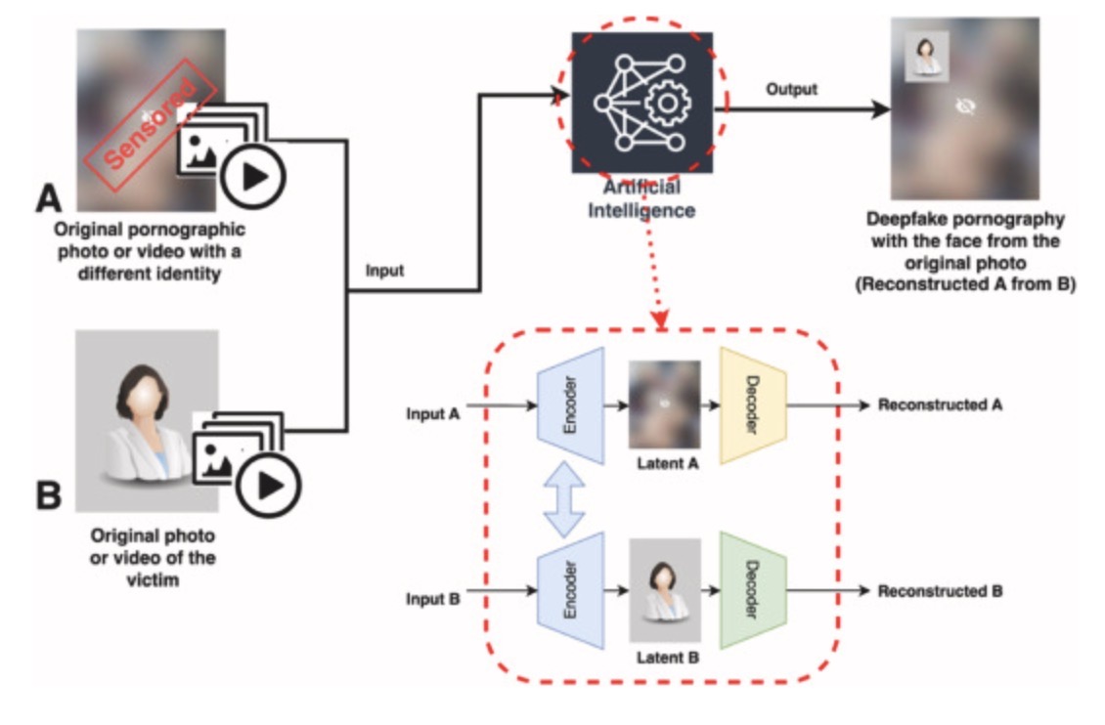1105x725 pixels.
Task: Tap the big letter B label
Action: pyautogui.click(x=49, y=494)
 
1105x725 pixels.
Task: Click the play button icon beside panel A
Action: pyautogui.click(x=251, y=176)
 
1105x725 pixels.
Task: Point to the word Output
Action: pyautogui.click(x=791, y=90)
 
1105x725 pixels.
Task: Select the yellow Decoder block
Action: pyautogui.click(x=752, y=405)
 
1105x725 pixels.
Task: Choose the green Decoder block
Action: pyautogui.click(x=752, y=590)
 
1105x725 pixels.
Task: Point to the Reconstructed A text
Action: pyautogui.click(x=940, y=405)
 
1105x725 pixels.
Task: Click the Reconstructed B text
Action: pyautogui.click(x=940, y=590)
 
